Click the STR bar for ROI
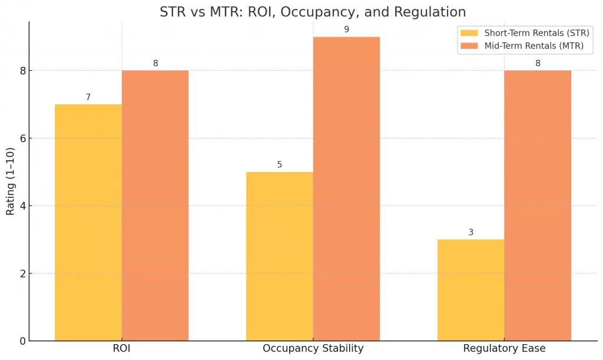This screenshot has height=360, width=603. [88, 223]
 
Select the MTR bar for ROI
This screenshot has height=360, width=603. [155, 206]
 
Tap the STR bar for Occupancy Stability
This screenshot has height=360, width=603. [280, 256]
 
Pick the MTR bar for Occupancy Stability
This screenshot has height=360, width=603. [346, 189]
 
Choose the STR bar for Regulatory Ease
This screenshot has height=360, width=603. [471, 290]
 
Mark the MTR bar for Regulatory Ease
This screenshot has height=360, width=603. [538, 206]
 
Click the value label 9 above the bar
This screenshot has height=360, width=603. [346, 29]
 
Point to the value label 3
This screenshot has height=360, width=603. [471, 232]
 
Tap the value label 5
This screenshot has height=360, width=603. [280, 165]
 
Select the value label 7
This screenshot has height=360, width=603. [88, 97]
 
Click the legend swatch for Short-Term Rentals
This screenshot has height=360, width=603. [469, 32]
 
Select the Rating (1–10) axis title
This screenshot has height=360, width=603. [11, 181]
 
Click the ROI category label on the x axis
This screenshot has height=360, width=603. [121, 349]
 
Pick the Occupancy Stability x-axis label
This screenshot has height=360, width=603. [313, 349]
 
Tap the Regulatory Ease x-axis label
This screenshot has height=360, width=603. [504, 349]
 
